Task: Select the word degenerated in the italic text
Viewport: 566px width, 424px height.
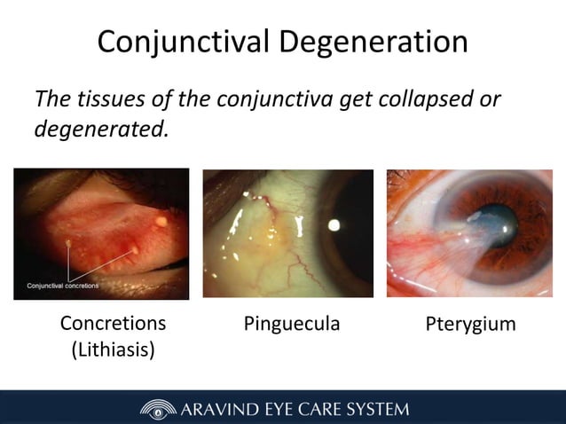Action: [x=99, y=129]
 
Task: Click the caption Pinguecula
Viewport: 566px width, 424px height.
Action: [x=292, y=325]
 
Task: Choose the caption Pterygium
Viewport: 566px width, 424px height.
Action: [x=470, y=325]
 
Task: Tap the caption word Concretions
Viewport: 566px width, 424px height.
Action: [x=113, y=323]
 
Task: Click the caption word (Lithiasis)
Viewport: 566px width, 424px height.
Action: [x=113, y=349]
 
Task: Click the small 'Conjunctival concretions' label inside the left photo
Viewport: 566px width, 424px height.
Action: [x=62, y=286]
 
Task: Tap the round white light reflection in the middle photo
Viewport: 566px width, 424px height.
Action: [x=334, y=224]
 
